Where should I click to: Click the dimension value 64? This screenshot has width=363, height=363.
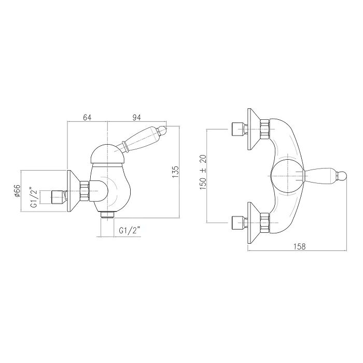87,118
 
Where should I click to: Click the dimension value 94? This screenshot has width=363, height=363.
136,118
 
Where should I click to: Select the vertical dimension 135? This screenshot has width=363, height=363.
175,172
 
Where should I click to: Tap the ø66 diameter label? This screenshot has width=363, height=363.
17,191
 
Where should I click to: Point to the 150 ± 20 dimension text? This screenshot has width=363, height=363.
203,172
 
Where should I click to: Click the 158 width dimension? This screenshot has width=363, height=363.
300,246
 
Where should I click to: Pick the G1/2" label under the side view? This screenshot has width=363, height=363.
130,231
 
